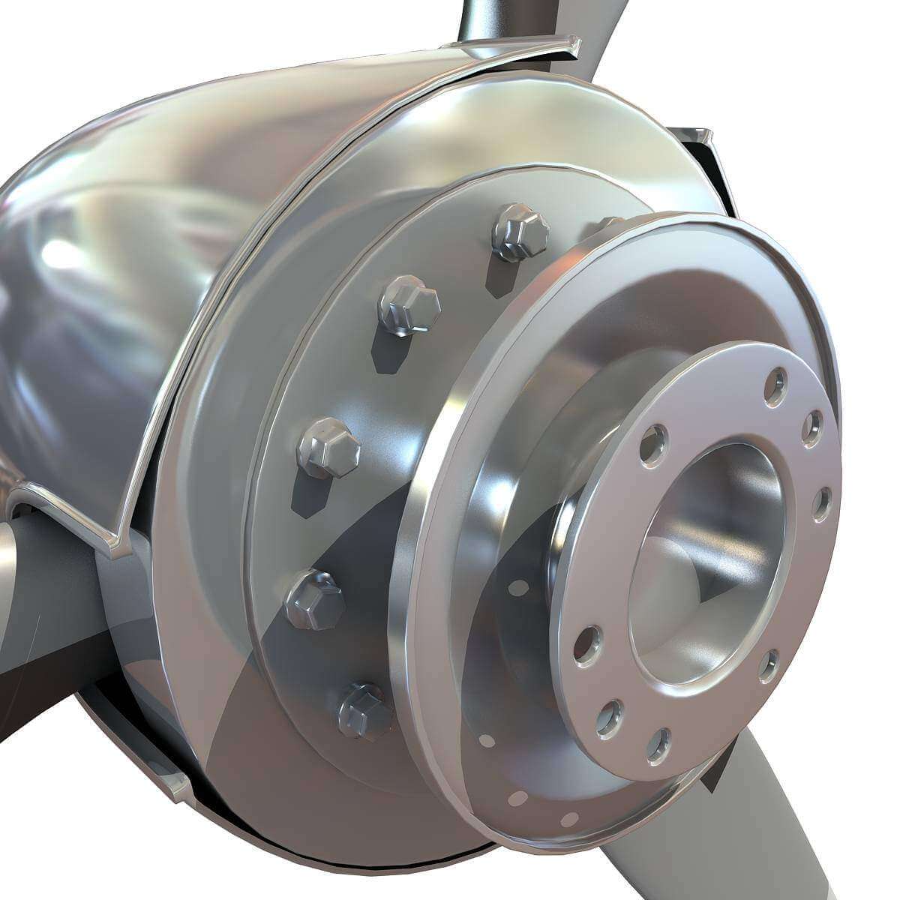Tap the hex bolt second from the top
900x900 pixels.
409,304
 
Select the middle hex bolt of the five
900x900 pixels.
329,448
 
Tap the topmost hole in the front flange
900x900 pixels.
776,387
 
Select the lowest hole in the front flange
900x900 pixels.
658,745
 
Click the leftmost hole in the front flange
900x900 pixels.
587,645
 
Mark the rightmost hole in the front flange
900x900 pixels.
822,504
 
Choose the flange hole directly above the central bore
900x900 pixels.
654,444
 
